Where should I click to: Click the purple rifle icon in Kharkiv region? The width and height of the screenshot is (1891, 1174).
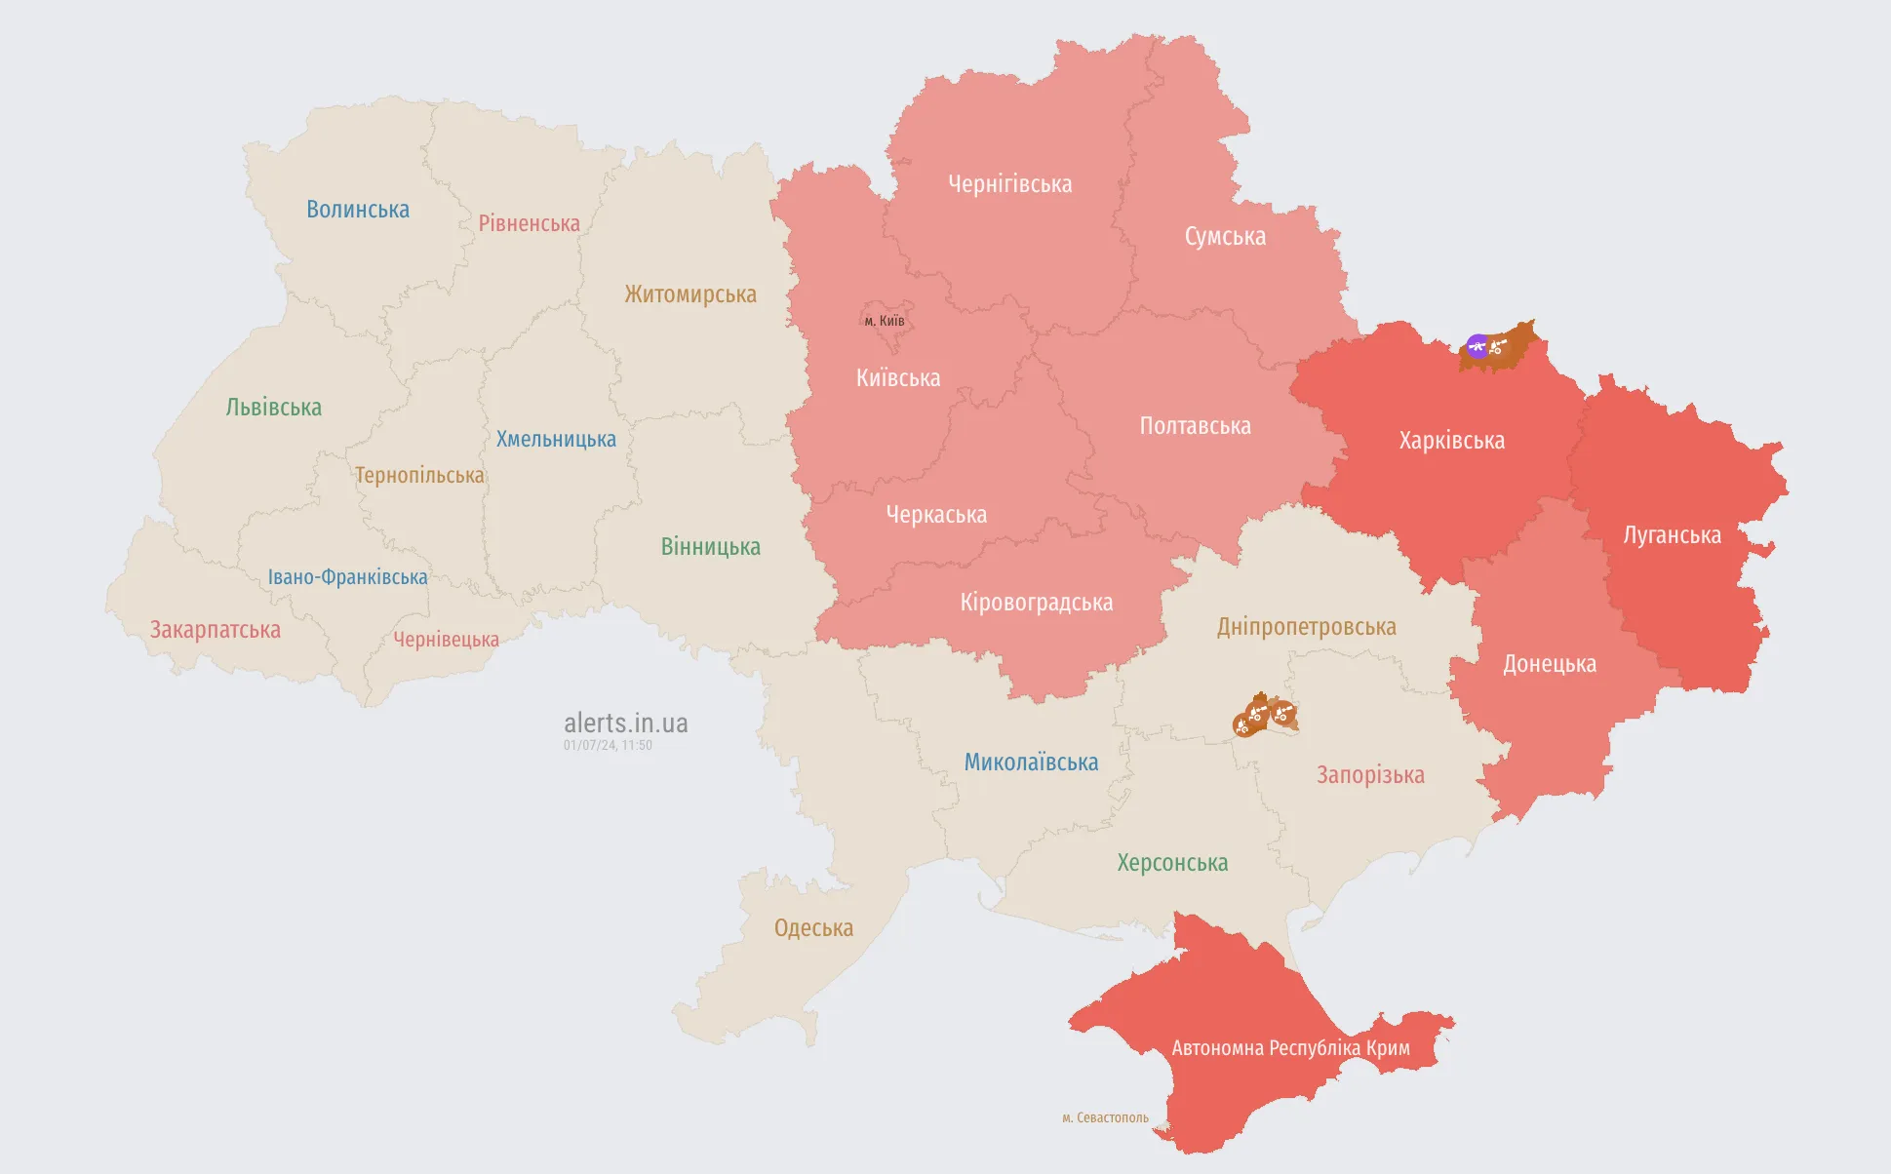[1477, 346]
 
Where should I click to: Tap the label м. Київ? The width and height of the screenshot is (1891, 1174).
[885, 321]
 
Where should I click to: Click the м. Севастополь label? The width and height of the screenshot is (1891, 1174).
[1105, 1117]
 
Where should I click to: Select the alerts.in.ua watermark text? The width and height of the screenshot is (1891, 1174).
[625, 723]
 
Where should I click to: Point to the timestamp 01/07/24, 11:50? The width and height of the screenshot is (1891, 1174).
[608, 745]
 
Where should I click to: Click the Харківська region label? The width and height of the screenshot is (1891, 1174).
[1451, 441]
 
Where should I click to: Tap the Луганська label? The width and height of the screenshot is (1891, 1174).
[1672, 535]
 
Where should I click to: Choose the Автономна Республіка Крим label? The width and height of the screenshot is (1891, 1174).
[1290, 1048]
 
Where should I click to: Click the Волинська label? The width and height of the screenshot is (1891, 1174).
[358, 210]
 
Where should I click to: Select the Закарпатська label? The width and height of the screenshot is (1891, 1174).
[216, 630]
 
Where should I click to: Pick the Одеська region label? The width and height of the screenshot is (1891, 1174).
[813, 928]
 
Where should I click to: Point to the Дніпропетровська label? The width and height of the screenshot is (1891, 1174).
[1306, 627]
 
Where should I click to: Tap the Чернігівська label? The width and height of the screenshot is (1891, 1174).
[1009, 184]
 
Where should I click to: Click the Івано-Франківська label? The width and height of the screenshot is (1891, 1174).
[348, 577]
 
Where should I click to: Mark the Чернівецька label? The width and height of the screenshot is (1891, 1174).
[446, 640]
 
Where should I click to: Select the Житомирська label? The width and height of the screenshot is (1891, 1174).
[690, 294]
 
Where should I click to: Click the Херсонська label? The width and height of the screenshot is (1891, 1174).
[1172, 863]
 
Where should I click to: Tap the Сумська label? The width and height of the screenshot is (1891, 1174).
[1225, 237]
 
